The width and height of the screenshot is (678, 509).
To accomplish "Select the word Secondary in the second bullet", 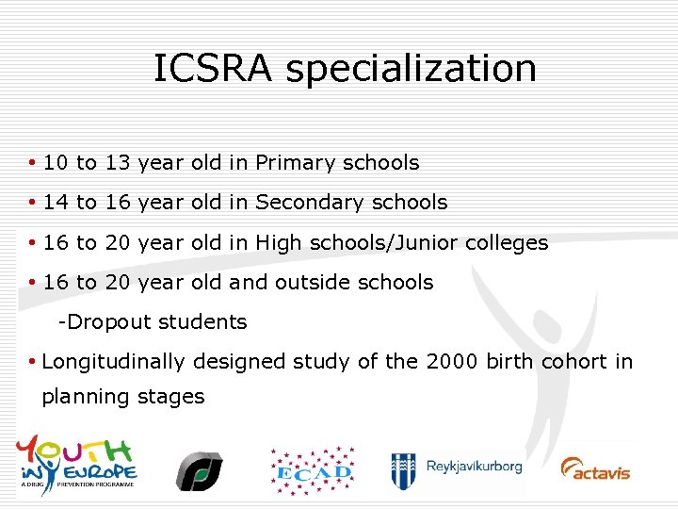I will coord(309,203).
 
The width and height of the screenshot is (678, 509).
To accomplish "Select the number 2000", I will coord(453,362).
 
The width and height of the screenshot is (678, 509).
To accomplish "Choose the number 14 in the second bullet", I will coord(56,203).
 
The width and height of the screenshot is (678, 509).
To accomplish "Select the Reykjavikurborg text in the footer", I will coord(473,467).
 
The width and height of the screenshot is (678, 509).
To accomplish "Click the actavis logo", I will coord(596,468).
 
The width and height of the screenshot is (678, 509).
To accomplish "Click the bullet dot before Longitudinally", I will coord(33,362).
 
